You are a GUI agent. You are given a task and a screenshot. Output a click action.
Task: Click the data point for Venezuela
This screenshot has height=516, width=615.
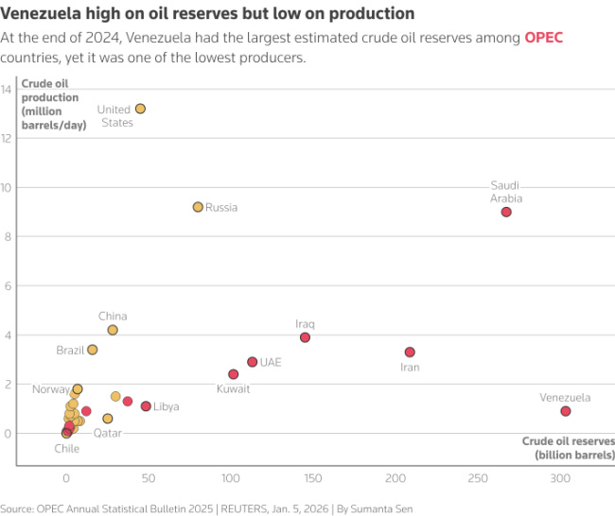[x=565, y=411]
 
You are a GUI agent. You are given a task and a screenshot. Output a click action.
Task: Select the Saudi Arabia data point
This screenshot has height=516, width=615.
[x=506, y=212]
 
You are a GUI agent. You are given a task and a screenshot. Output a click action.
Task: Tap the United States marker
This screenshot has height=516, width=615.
[x=140, y=109]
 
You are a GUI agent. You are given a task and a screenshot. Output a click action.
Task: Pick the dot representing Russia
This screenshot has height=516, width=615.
[x=198, y=207]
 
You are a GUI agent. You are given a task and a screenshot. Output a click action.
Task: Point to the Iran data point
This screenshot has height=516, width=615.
[x=410, y=352]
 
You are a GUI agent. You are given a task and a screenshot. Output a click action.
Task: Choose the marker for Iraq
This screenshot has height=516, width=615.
[x=305, y=337]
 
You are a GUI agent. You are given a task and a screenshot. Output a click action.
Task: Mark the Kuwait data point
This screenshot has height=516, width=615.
[x=234, y=374]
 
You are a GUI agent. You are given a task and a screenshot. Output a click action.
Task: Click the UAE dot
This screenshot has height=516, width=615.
[x=252, y=362]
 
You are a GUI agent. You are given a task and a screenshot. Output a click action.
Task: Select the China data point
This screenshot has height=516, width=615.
[x=113, y=330]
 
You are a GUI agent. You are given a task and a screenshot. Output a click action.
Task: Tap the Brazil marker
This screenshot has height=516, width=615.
[x=92, y=350]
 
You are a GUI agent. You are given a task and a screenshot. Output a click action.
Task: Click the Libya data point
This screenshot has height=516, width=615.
[x=146, y=406]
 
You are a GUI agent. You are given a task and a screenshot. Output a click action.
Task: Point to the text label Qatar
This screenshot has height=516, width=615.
[x=107, y=433]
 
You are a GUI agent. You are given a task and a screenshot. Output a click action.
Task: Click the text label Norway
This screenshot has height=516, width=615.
[x=50, y=389]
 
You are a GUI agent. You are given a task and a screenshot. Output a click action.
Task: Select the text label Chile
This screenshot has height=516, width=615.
[x=66, y=449]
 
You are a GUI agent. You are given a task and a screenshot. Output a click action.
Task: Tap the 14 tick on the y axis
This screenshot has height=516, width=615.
[x=6, y=89]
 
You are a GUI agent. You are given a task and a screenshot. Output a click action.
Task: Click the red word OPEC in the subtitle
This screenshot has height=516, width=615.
[x=544, y=38]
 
